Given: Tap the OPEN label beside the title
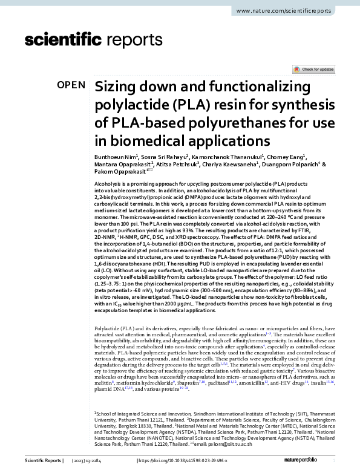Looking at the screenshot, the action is (x=71, y=85).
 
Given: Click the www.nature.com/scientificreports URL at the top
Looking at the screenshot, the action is (x=292, y=11).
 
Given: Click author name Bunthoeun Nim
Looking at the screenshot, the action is (x=116, y=156).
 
